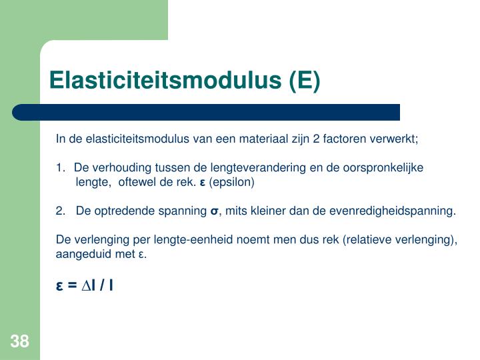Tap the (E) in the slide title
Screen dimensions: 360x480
[x=304, y=81]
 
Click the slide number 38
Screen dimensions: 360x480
[x=19, y=342]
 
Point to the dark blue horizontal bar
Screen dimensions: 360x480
[x=207, y=112]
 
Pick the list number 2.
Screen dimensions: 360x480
[x=60, y=211]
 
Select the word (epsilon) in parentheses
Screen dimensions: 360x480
[x=232, y=181]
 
